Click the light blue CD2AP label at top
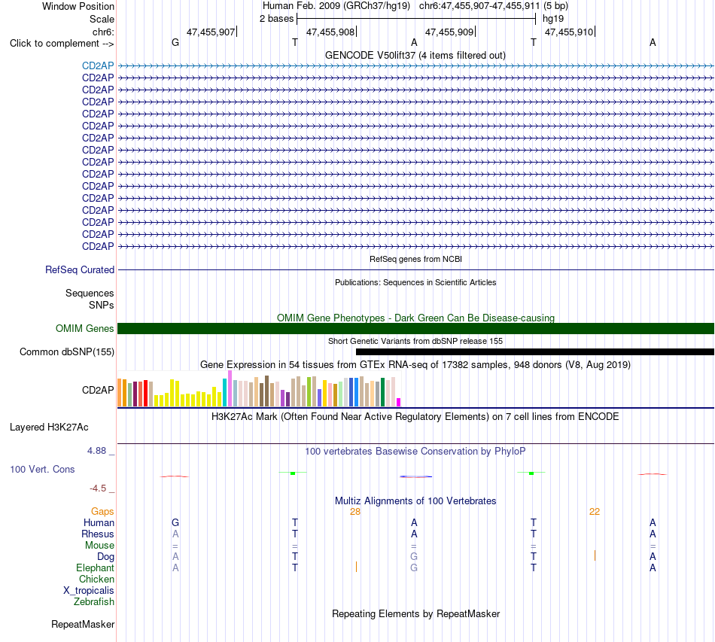tap(98, 65)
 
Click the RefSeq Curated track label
tap(80, 270)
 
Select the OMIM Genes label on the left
tap(85, 328)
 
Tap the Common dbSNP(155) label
tap(67, 352)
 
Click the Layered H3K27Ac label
tap(49, 427)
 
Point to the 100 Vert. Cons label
tap(42, 469)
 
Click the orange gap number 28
tap(355, 512)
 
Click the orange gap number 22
tap(595, 512)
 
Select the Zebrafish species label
tap(94, 602)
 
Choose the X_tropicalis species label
tap(89, 591)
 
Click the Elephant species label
tap(96, 568)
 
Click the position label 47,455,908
tap(330, 32)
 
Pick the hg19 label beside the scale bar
tap(553, 19)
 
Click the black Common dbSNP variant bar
tap(535, 352)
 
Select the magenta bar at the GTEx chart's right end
tap(399, 402)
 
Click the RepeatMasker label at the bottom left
tap(83, 625)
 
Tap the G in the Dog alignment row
tap(414, 557)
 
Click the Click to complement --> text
tap(62, 44)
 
